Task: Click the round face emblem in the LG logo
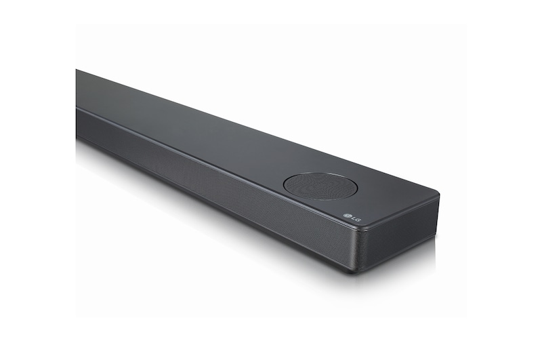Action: click(346, 218)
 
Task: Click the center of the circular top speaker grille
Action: click(320, 185)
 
